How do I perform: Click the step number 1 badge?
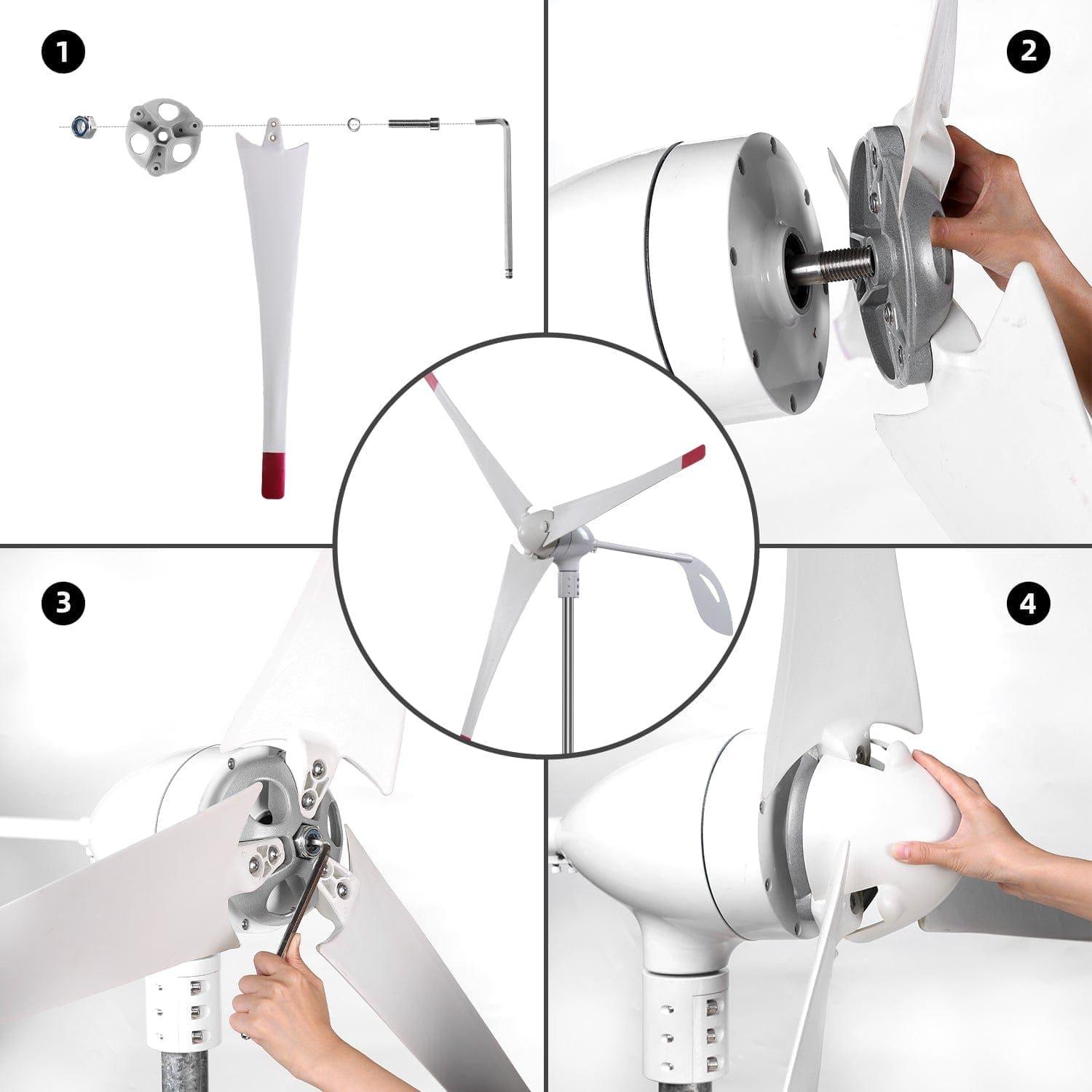pos(64,52)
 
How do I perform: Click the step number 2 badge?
pos(1028,52)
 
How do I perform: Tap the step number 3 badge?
pos(64,603)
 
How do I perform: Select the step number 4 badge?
pos(1028,603)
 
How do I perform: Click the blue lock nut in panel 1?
pos(80,127)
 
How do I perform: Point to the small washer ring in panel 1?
pos(354,124)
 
